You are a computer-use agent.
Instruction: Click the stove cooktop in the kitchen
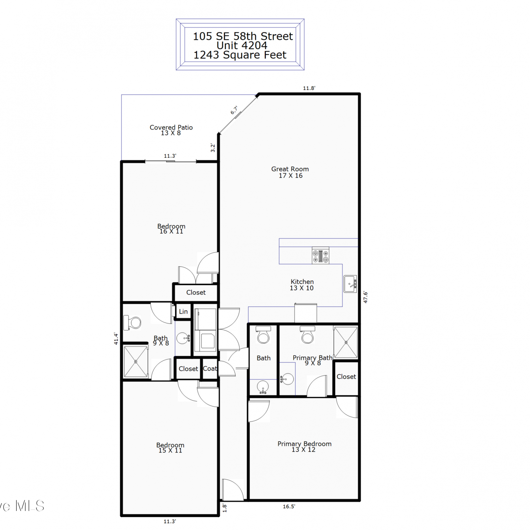(x=320, y=255)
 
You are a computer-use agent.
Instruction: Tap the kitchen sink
(x=350, y=284)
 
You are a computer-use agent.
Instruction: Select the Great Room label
(x=290, y=172)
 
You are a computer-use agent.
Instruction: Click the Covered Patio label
(x=171, y=130)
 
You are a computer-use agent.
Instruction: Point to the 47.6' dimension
(x=366, y=297)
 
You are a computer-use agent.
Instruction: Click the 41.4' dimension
(x=116, y=338)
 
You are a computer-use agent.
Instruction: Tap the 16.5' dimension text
(x=289, y=506)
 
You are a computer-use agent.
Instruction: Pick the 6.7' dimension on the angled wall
(x=234, y=110)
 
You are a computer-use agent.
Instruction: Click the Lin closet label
(x=183, y=311)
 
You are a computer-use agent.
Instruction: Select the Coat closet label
(x=210, y=369)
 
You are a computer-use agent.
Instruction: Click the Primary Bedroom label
(x=304, y=446)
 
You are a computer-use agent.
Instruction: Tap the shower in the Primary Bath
(x=346, y=342)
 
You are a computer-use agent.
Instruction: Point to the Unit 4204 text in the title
(x=242, y=45)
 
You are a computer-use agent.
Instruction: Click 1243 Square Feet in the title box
(x=240, y=55)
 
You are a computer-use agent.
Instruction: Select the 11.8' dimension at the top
(x=309, y=88)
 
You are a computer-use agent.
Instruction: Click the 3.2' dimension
(x=213, y=148)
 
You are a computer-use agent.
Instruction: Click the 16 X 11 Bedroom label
(x=171, y=229)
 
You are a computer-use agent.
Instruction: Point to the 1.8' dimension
(x=224, y=508)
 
